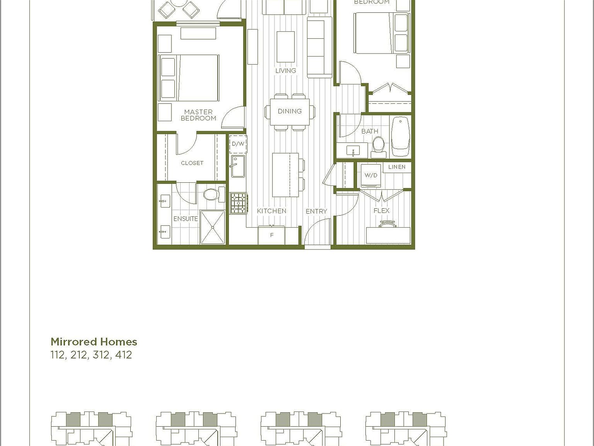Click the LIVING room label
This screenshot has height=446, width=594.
point(285,70)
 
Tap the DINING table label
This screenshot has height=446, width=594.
point(289,111)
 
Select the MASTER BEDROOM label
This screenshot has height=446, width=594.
point(198,115)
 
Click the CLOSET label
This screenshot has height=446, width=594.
point(192,163)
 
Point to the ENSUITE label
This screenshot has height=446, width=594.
point(186,219)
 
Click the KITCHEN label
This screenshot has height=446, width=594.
point(271,211)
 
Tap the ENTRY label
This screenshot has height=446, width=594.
point(316,211)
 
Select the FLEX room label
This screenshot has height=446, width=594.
point(381,211)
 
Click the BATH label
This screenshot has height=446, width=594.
point(370,131)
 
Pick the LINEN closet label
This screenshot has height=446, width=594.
point(397,167)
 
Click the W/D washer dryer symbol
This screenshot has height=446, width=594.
point(370,175)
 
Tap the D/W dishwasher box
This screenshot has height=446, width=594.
point(238,144)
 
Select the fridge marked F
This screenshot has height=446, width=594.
point(271,235)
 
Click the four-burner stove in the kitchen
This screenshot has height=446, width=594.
point(238,203)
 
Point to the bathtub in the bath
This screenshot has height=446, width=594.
point(400,137)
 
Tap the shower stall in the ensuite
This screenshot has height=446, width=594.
point(212,227)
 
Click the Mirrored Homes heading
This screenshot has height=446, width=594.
point(94,342)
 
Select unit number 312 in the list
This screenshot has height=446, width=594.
point(101,355)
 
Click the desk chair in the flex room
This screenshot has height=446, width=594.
point(388,225)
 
